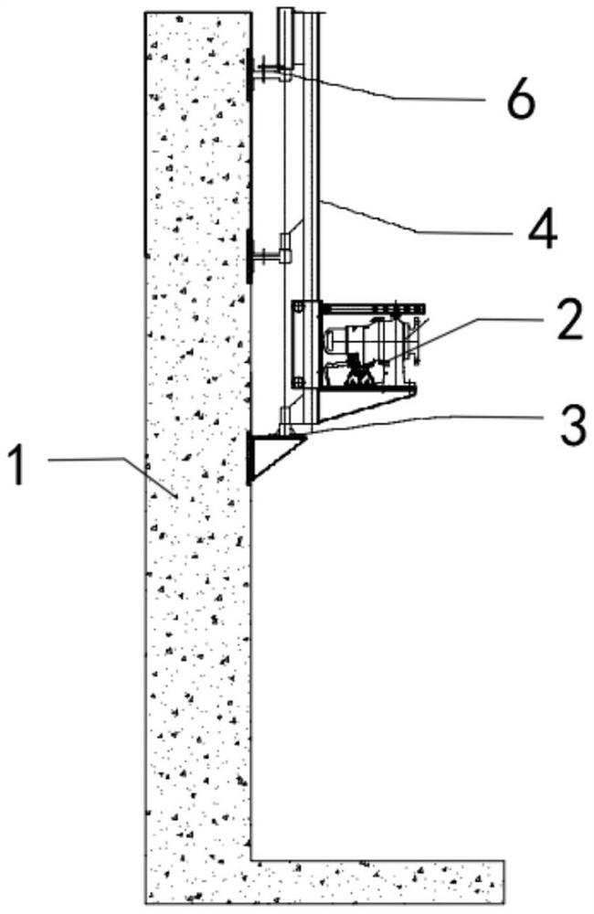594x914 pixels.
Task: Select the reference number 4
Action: click(542, 231)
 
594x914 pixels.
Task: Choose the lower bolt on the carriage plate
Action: click(296, 381)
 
